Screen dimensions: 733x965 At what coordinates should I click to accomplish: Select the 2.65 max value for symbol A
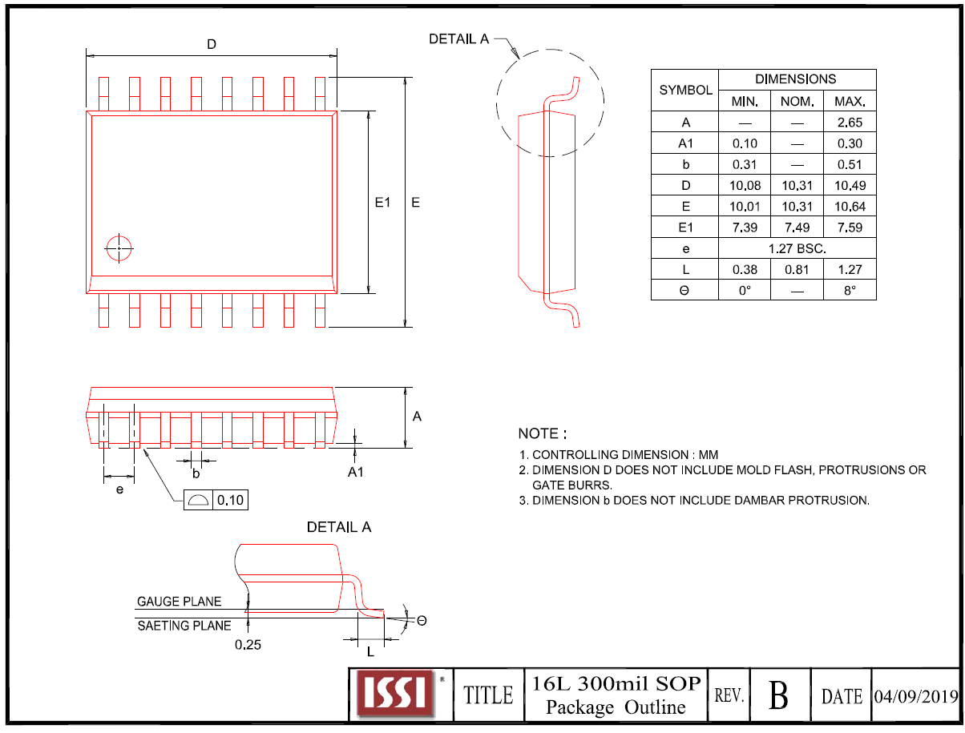pos(850,123)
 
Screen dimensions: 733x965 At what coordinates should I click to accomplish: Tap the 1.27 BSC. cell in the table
pos(797,248)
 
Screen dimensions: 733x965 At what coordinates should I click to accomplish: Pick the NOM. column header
pos(797,102)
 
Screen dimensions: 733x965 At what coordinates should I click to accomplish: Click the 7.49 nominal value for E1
pos(797,228)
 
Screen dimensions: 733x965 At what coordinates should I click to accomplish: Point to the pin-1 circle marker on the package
pos(119,248)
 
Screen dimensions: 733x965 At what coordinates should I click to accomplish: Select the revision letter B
pos(778,695)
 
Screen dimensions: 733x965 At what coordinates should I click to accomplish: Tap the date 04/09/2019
pos(915,695)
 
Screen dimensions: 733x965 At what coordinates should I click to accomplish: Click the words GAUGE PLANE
pos(180,602)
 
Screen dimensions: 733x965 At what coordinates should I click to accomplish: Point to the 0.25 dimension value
pos(248,644)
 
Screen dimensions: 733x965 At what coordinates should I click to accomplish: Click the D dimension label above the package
pos(212,45)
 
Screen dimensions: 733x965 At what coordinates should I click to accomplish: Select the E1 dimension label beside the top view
pos(382,203)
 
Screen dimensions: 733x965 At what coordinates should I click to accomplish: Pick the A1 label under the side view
pos(355,472)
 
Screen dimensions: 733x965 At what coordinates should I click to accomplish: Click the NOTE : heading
pos(543,433)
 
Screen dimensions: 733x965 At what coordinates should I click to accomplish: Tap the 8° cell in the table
pos(850,290)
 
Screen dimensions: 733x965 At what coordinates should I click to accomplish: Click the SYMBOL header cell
pos(685,91)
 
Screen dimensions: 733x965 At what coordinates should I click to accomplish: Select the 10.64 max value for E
pos(850,207)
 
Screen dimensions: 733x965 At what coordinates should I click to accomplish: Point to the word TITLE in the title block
pos(488,695)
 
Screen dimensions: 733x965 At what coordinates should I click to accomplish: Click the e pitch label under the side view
pos(119,489)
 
